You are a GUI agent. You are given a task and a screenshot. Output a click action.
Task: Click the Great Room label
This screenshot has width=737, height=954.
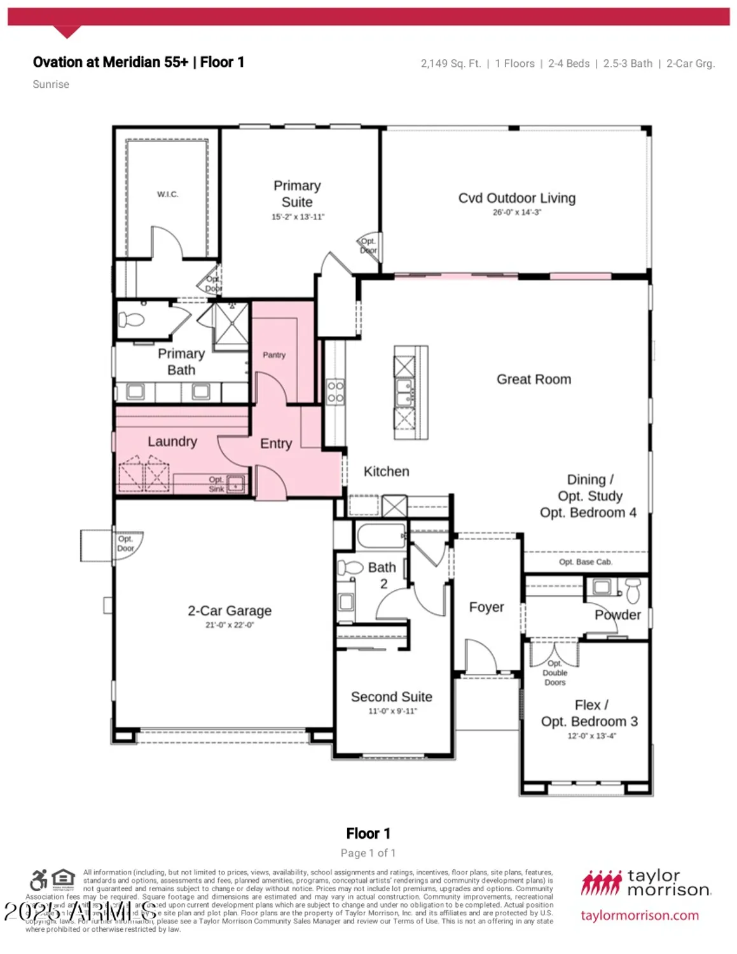click(x=534, y=380)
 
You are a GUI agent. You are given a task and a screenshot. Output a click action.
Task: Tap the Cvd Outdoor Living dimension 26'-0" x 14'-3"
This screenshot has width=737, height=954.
click(x=516, y=212)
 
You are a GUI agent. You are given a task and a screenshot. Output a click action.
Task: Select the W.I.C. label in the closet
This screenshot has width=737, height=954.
click(x=168, y=195)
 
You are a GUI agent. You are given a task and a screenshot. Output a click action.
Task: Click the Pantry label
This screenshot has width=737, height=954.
click(x=274, y=355)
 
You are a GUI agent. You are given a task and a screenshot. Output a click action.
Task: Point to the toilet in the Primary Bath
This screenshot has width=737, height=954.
click(x=133, y=319)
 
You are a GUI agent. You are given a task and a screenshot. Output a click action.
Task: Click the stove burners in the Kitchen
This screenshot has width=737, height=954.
click(x=335, y=392)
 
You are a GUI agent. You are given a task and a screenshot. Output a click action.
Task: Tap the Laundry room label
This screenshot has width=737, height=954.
click(x=172, y=441)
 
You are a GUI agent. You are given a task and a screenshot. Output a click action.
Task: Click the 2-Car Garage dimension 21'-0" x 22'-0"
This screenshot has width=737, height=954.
click(x=229, y=625)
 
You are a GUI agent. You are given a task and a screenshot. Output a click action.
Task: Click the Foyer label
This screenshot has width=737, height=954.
click(x=486, y=607)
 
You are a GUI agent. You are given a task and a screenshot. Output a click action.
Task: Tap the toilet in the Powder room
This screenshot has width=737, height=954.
click(x=633, y=590)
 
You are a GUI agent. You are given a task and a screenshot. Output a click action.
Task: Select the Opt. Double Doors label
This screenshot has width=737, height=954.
click(x=554, y=673)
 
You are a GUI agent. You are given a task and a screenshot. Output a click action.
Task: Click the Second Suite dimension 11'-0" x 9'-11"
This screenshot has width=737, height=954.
click(x=392, y=711)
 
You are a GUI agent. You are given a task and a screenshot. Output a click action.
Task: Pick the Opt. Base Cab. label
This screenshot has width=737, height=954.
click(x=585, y=562)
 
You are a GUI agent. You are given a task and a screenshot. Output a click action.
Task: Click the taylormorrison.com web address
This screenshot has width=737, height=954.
click(x=639, y=916)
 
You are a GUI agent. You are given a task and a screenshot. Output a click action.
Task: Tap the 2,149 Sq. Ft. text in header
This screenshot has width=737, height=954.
click(x=450, y=64)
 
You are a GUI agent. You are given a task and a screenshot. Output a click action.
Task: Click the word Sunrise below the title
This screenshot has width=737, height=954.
click(x=51, y=85)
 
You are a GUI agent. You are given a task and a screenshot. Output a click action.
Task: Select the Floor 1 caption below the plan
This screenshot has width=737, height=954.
click(x=368, y=833)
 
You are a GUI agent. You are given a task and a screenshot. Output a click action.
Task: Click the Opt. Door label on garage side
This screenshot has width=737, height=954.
click(x=126, y=544)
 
